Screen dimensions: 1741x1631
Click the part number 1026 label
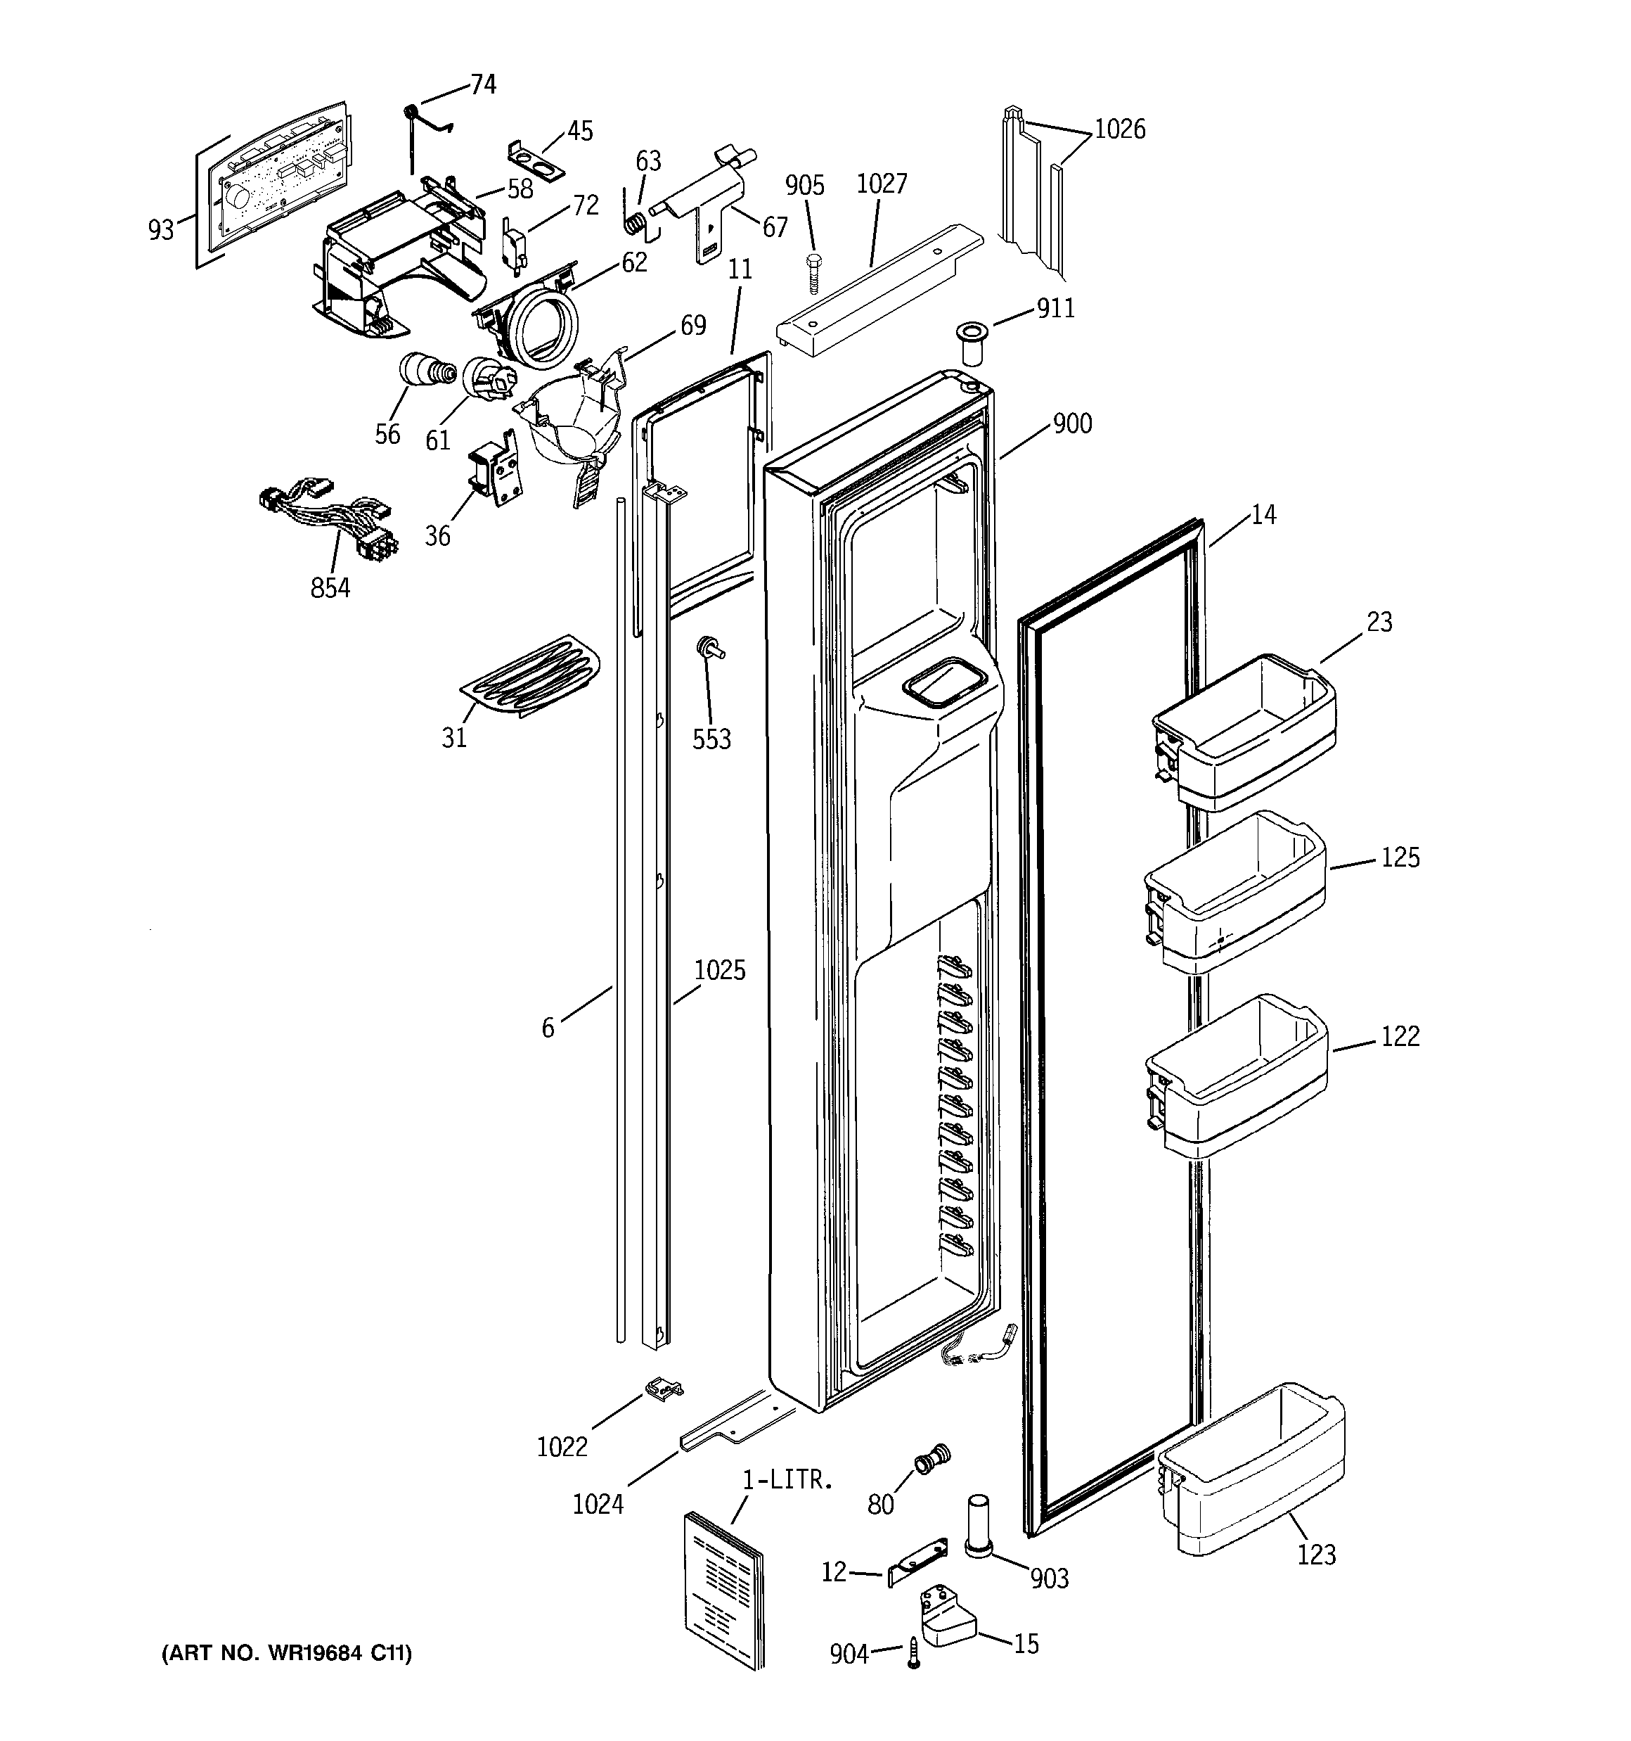point(1120,129)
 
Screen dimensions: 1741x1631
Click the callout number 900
point(1071,425)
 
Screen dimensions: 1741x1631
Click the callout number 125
point(1400,857)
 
